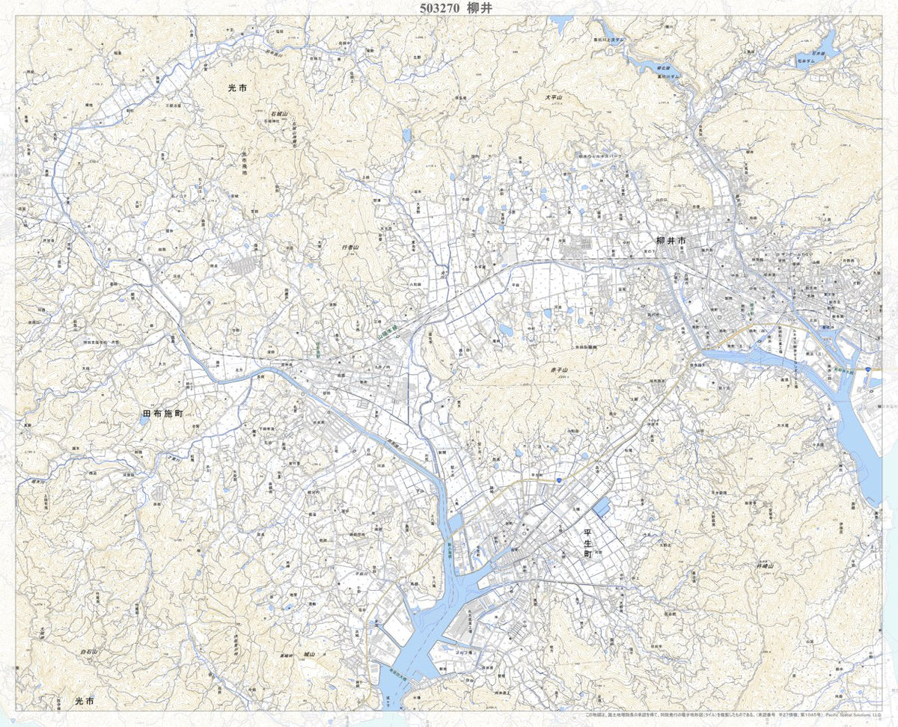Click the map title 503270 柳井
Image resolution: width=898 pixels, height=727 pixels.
(448, 8)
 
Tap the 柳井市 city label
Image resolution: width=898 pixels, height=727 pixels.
(671, 240)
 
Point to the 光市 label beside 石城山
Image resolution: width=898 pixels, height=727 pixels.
(237, 88)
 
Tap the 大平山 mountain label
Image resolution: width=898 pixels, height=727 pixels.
(553, 97)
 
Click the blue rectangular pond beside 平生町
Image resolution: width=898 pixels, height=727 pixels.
(601, 509)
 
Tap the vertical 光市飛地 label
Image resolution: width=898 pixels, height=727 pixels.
(244, 164)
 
